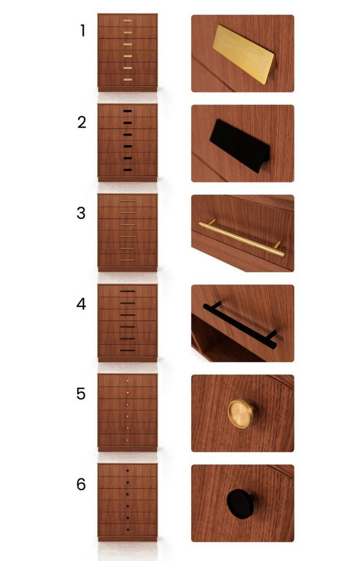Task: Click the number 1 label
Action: tap(82, 31)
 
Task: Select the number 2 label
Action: tap(82, 122)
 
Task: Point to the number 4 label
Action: tap(81, 304)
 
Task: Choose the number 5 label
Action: tap(81, 394)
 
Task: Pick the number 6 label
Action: tap(81, 484)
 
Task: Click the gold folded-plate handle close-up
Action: tap(244, 54)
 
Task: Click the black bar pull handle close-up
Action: tap(240, 325)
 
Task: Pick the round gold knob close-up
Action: tap(240, 413)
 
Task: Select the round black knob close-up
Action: tap(240, 502)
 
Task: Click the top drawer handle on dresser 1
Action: tap(127, 21)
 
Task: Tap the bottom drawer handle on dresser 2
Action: tap(127, 170)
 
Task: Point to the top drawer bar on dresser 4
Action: tap(127, 291)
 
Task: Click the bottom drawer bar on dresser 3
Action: tap(127, 261)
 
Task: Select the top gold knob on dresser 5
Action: tap(127, 381)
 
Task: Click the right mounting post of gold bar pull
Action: tap(278, 245)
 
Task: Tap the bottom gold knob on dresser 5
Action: tap(127, 440)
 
